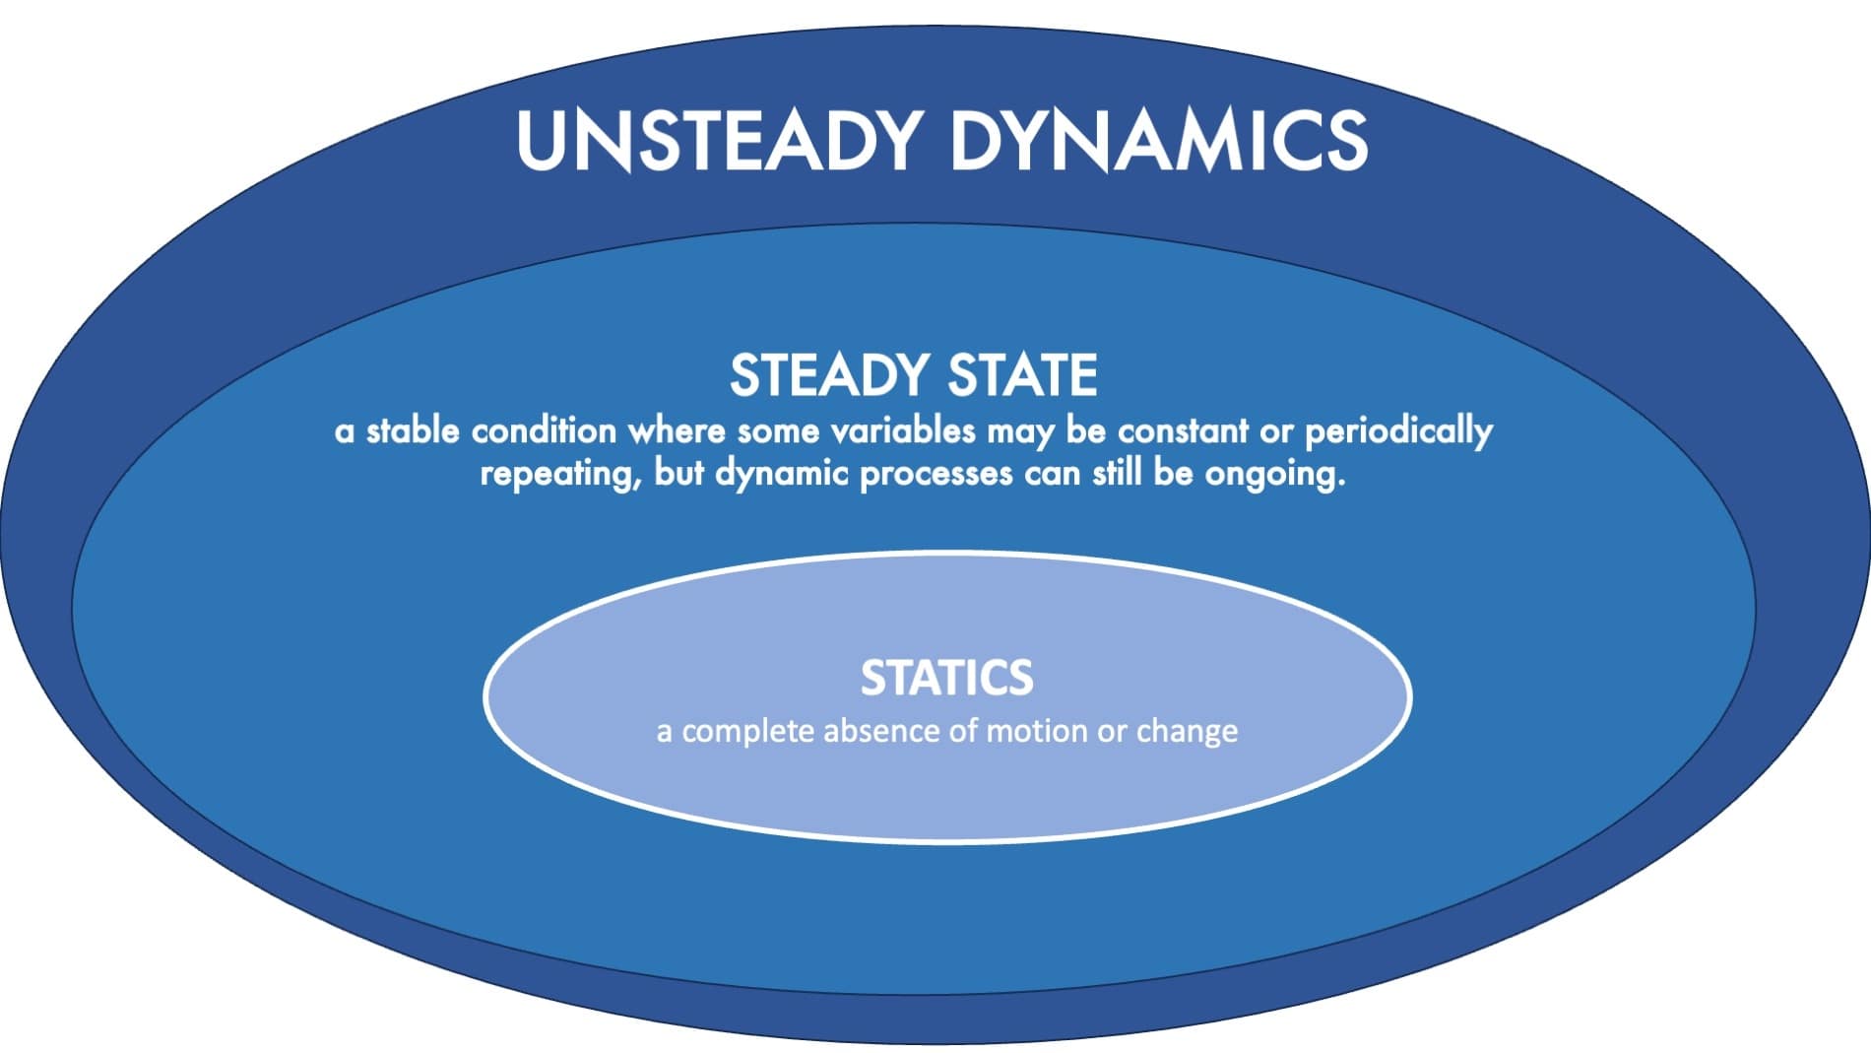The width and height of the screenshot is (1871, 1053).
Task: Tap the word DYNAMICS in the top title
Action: point(1159,141)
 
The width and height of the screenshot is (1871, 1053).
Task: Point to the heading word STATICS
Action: point(947,678)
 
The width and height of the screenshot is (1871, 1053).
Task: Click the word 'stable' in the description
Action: point(413,431)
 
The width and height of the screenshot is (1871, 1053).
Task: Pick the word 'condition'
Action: point(544,431)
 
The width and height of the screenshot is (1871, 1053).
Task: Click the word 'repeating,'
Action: point(562,475)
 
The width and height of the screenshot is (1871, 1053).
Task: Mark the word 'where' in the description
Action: point(677,431)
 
